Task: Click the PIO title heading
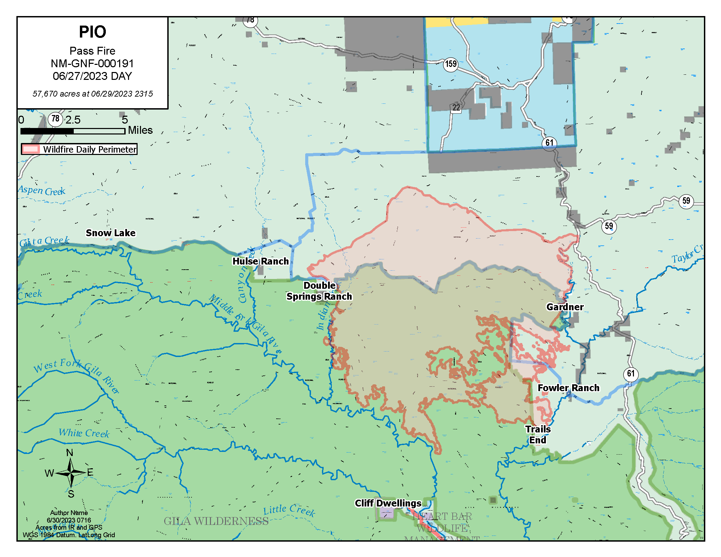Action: [93, 32]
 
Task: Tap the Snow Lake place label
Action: [111, 233]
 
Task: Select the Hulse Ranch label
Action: [260, 261]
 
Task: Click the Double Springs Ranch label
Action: [319, 291]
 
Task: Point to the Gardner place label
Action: [565, 307]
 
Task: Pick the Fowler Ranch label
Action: [568, 388]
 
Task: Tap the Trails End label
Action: [538, 434]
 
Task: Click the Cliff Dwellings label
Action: [388, 503]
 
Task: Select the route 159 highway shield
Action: [451, 64]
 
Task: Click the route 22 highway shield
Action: [456, 108]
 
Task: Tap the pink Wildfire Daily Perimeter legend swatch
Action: [31, 149]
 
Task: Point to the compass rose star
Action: [71, 473]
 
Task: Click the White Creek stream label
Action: [84, 433]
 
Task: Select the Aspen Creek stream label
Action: [42, 190]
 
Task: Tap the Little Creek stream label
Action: [289, 510]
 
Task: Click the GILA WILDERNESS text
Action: [216, 521]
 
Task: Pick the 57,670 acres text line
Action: [93, 94]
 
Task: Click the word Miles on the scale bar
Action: [140, 130]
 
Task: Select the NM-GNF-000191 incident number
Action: [92, 63]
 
